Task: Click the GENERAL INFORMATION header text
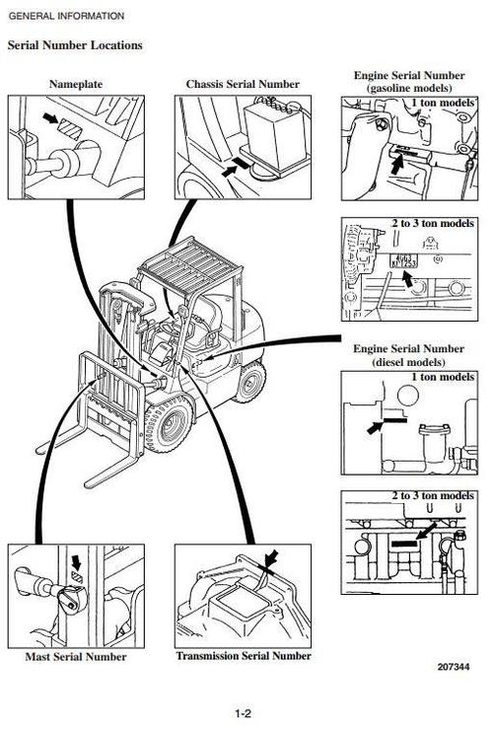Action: pos(66,16)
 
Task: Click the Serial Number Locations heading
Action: pos(75,45)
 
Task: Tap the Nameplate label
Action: pos(76,85)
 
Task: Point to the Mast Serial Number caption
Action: pos(77,657)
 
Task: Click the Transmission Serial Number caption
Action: pos(244,656)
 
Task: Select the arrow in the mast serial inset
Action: pos(76,561)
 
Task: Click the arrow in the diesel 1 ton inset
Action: pos(375,427)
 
